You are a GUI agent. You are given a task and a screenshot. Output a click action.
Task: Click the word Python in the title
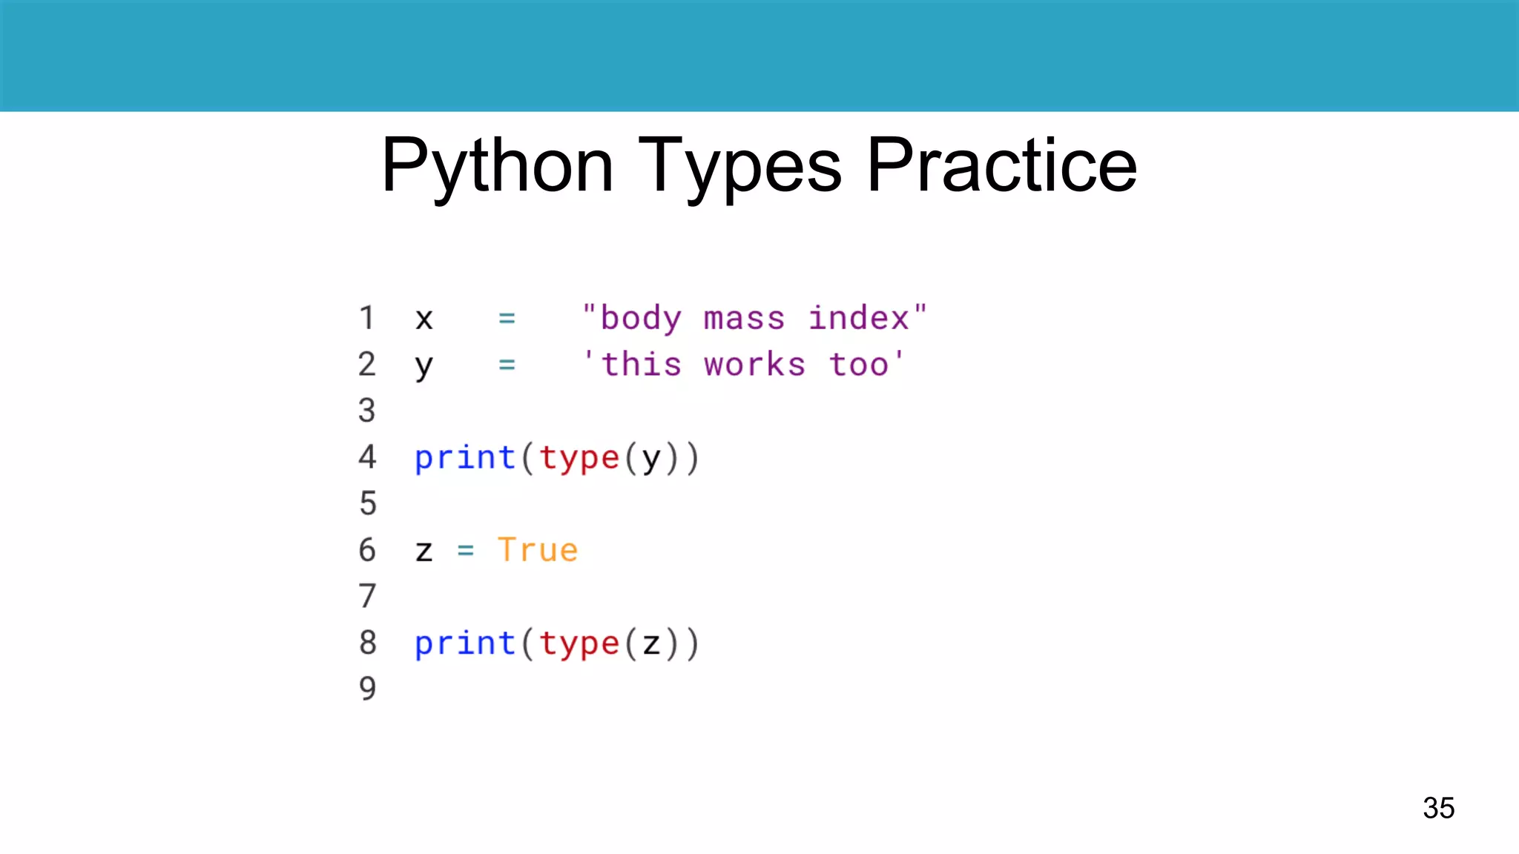(x=498, y=166)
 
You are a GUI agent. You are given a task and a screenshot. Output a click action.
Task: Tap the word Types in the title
(x=739, y=166)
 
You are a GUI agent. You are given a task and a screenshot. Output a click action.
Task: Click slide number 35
(x=1438, y=807)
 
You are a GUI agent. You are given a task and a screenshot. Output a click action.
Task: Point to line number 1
(x=366, y=318)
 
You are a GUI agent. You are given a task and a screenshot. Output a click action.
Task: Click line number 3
(x=366, y=411)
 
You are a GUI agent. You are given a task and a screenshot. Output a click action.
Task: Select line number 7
(x=367, y=596)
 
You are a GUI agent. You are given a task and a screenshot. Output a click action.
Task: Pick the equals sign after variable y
(x=507, y=365)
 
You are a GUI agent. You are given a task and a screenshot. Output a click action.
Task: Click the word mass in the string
(x=744, y=319)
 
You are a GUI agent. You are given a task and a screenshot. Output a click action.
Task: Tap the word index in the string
(x=858, y=318)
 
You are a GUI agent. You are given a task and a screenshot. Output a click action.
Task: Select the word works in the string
(x=754, y=365)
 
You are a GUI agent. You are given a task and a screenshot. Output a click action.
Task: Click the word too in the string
(x=858, y=365)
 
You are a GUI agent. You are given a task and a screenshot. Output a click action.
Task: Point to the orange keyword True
(x=537, y=550)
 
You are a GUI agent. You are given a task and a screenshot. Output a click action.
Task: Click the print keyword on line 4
(x=465, y=457)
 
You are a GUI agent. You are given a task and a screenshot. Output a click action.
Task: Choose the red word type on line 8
(x=579, y=643)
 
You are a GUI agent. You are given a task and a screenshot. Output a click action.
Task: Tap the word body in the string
(x=641, y=319)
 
